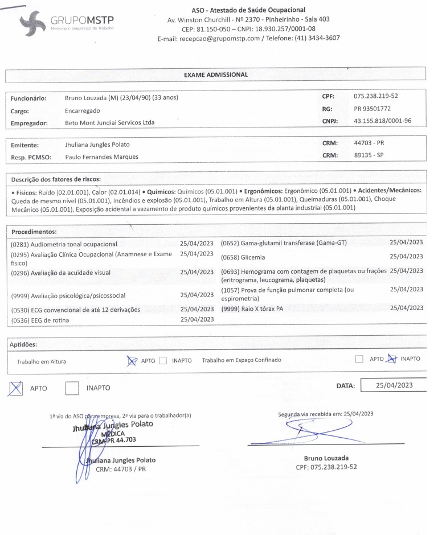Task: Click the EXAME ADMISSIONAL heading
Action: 215,75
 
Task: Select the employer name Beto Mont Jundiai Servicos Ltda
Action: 110,122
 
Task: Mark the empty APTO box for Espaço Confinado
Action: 359,359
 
